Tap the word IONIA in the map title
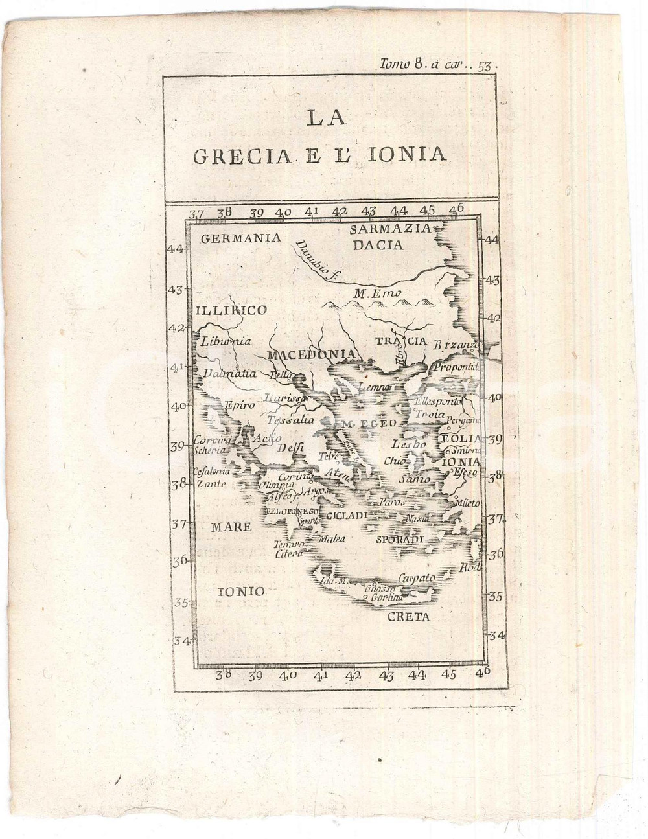pos(413,154)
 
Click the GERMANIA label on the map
pos(241,238)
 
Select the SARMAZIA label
pos(389,229)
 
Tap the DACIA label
pos(378,245)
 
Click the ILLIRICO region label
pos(231,310)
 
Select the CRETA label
pos(408,617)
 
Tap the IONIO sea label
pos(240,591)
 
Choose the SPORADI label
pos(399,539)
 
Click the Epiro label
pos(239,405)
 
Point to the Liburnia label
pos(226,341)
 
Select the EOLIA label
pos(461,439)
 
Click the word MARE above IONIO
pos(231,527)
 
